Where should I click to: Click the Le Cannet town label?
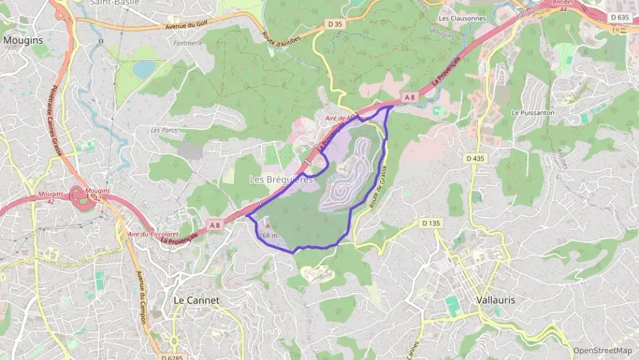click(197, 300)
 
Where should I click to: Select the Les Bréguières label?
click(281, 180)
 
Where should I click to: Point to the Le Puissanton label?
click(532, 112)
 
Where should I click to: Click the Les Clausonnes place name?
click(462, 18)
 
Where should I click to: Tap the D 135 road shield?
click(431, 223)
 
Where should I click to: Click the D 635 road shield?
click(619, 17)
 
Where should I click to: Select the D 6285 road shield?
click(173, 357)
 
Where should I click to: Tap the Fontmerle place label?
click(188, 42)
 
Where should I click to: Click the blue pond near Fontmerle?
click(144, 69)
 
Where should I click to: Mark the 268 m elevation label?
click(269, 236)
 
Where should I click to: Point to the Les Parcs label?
click(164, 130)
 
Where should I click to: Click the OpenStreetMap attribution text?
click(602, 350)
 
